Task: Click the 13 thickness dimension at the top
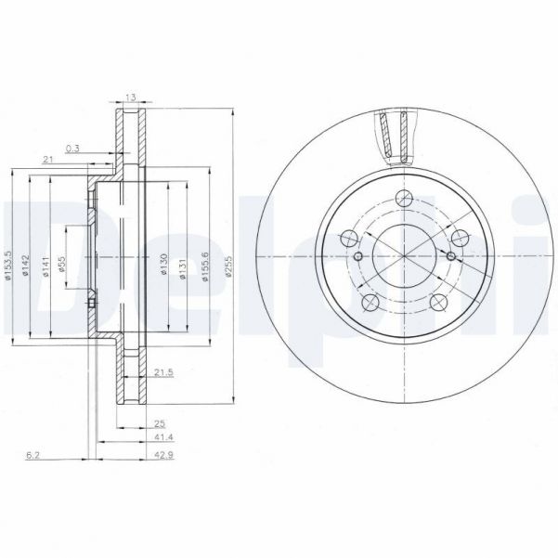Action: point(129,96)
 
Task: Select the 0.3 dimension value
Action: point(73,148)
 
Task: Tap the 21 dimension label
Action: point(47,161)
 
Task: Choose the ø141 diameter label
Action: point(45,264)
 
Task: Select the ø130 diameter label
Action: point(163,264)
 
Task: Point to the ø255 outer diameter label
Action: point(228,265)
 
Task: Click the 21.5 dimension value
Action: point(162,372)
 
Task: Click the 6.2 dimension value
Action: point(32,455)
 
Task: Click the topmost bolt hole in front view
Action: point(404,197)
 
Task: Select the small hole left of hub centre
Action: point(357,256)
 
